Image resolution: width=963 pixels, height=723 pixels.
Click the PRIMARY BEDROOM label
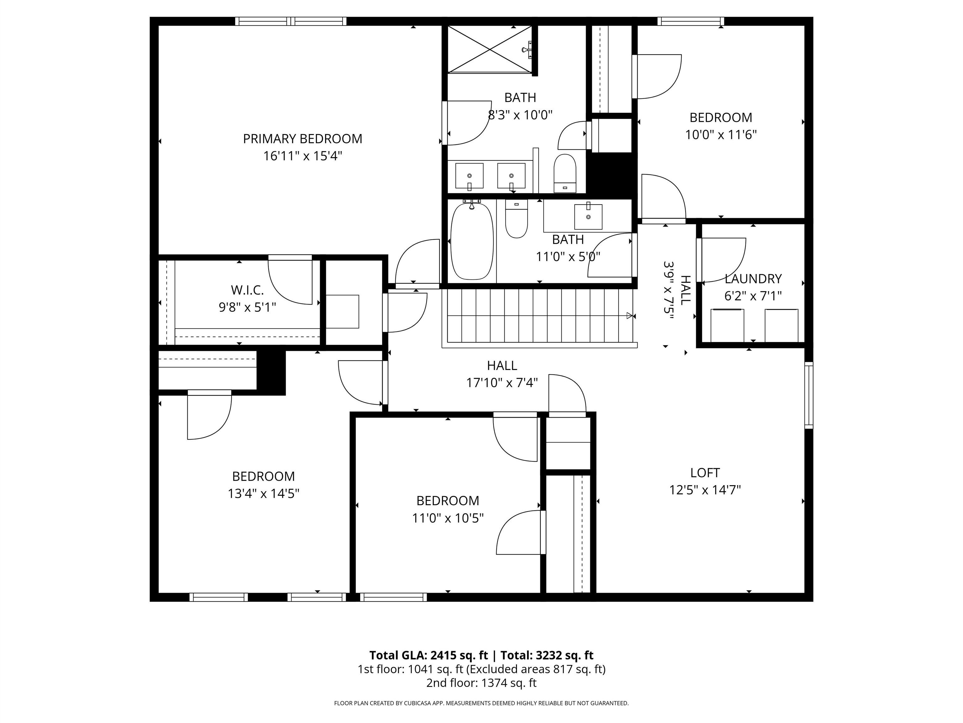[303, 139]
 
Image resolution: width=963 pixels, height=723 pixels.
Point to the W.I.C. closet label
[247, 290]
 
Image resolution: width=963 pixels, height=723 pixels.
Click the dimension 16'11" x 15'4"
[303, 156]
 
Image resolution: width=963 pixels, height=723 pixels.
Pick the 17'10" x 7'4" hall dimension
[502, 383]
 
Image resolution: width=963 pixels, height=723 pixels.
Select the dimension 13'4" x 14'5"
[263, 493]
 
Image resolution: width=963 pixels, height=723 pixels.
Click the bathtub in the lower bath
[472, 241]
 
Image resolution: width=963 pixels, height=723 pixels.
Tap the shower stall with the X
[490, 49]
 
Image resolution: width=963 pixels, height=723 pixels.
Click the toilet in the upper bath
[565, 173]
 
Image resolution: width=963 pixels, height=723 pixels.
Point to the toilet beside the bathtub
[516, 218]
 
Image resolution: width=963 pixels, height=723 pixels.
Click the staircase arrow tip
[632, 315]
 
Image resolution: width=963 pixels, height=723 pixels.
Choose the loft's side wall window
[808, 395]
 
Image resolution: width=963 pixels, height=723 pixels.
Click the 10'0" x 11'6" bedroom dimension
[721, 135]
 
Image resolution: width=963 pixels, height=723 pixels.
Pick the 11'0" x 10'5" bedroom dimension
[448, 518]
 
